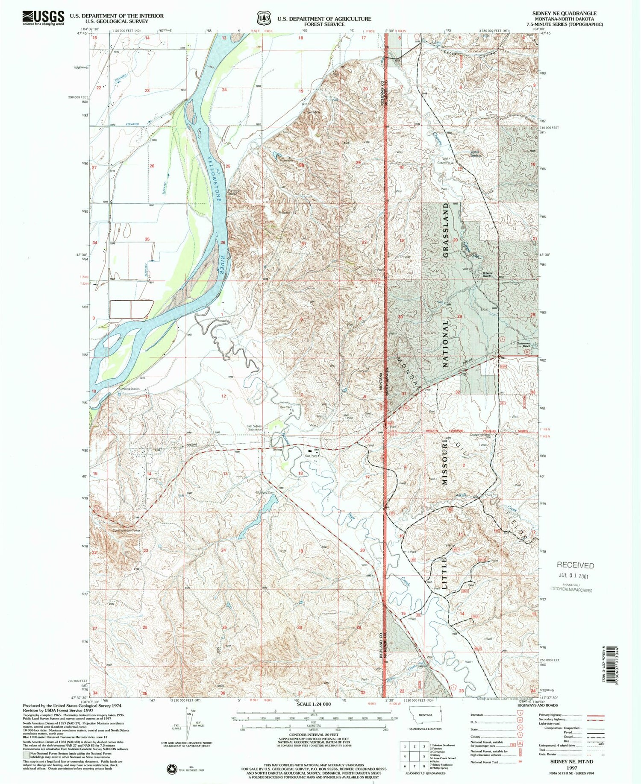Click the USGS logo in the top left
point(43,18)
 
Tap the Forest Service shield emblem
point(264,18)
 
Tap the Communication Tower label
point(126,531)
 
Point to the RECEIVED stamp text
point(575,565)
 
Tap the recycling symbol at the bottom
point(172,769)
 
